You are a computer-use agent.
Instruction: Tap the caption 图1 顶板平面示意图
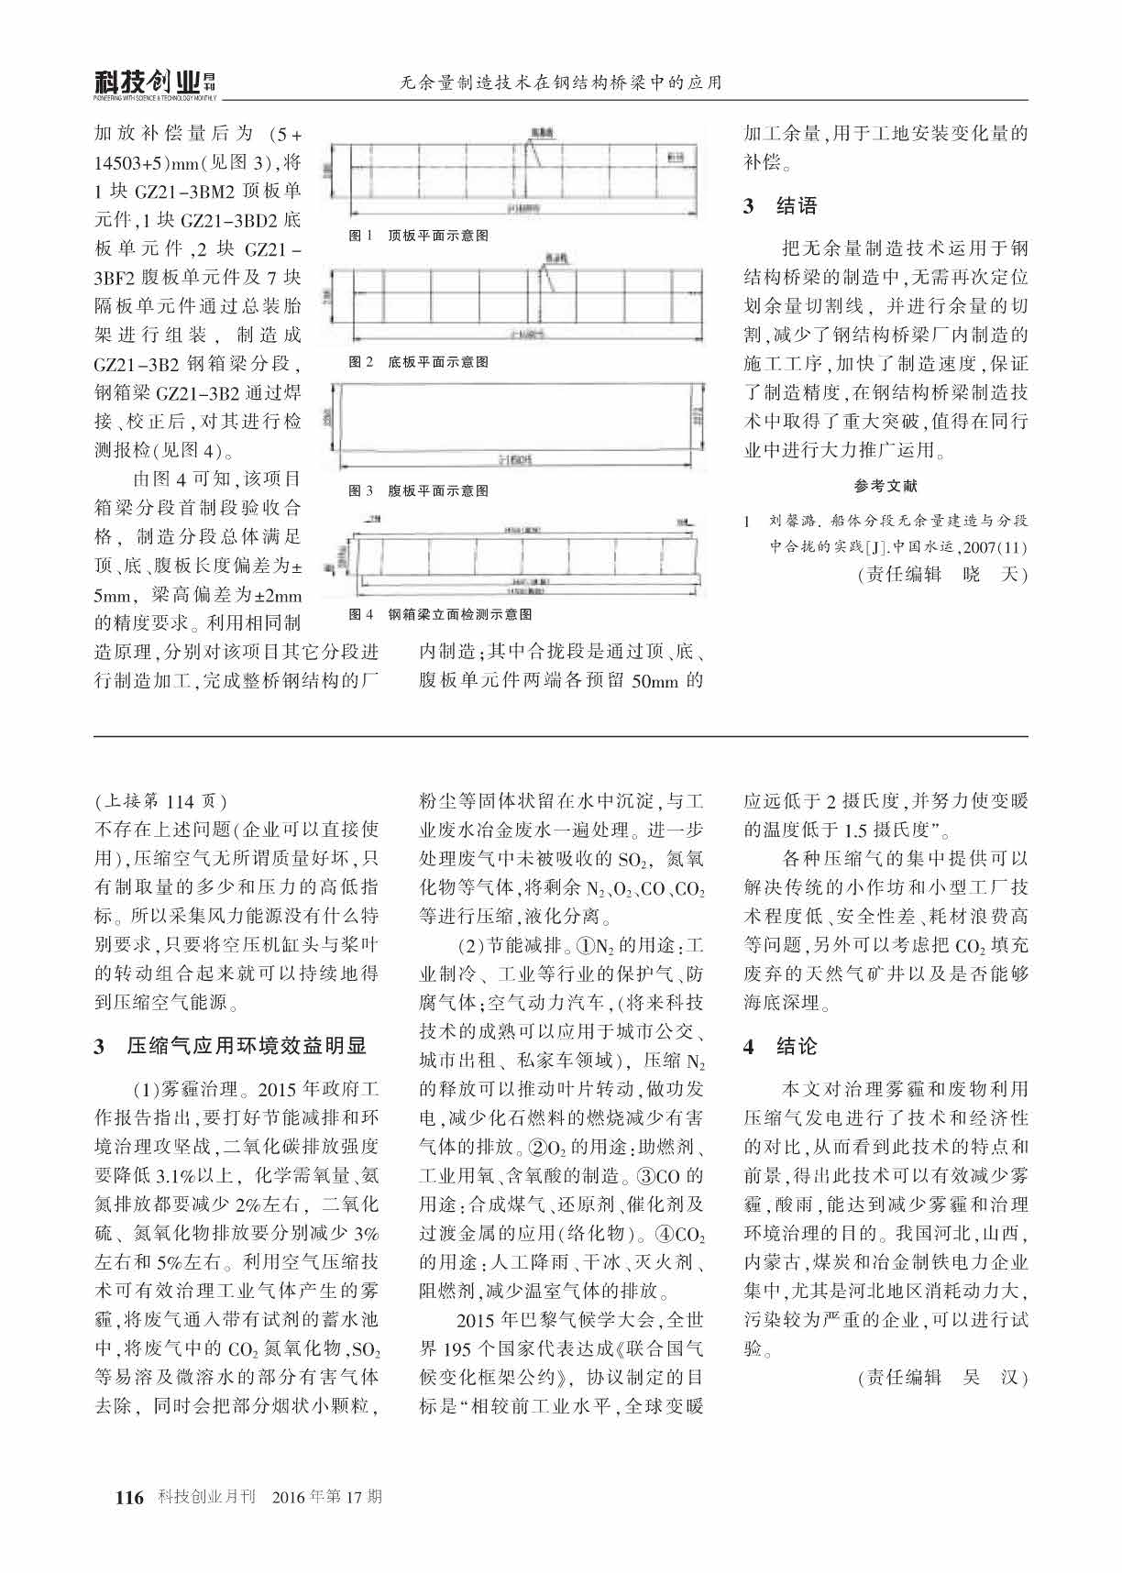[420, 236]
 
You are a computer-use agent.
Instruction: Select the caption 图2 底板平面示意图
[420, 362]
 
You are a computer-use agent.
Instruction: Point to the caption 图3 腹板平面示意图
[420, 491]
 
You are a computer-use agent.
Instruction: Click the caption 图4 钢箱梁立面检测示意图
[441, 614]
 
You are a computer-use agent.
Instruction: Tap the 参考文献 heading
[885, 486]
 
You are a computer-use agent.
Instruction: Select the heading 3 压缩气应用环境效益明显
[231, 1046]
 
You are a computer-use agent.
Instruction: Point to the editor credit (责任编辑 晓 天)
[942, 575]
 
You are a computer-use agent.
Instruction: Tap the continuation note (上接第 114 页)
[161, 801]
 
